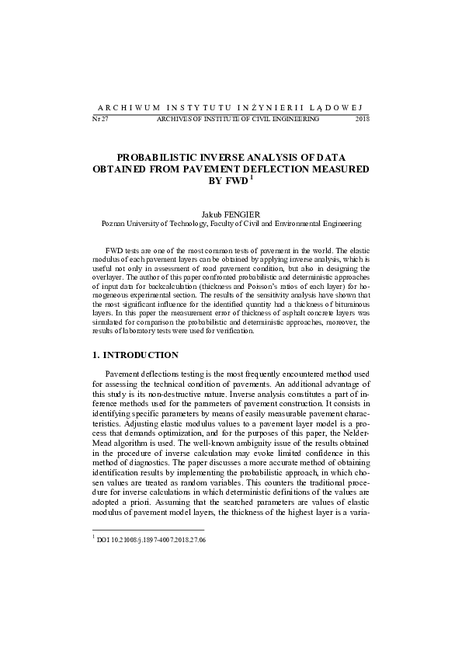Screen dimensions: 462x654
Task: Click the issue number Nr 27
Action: coord(99,120)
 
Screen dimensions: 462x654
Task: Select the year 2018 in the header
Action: coord(362,120)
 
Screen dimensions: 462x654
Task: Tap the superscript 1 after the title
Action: coord(252,178)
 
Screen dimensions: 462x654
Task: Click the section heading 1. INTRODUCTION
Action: coord(135,355)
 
